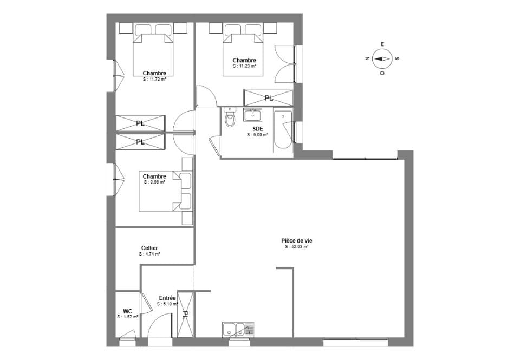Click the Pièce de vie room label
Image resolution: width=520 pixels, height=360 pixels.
click(297, 241)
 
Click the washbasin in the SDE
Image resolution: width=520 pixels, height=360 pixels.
click(253, 115)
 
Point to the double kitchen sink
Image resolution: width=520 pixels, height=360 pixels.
click(238, 330)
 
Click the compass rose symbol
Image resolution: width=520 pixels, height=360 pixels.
click(382, 58)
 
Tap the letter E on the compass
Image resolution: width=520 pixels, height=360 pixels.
click(382, 44)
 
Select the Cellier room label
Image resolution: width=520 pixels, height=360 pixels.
click(149, 248)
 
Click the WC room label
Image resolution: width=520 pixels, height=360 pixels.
click(127, 311)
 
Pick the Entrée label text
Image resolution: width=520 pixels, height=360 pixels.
click(167, 298)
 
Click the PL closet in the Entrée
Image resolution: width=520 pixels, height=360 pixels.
click(185, 314)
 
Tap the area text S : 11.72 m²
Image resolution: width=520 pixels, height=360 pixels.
click(154, 79)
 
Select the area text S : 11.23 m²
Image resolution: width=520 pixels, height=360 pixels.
click(244, 66)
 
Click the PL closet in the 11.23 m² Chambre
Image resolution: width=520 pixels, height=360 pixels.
click(269, 98)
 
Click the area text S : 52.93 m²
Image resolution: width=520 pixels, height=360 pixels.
click(297, 247)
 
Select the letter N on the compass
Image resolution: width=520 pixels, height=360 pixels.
click(367, 58)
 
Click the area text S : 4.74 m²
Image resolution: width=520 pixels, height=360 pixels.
click(149, 254)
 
